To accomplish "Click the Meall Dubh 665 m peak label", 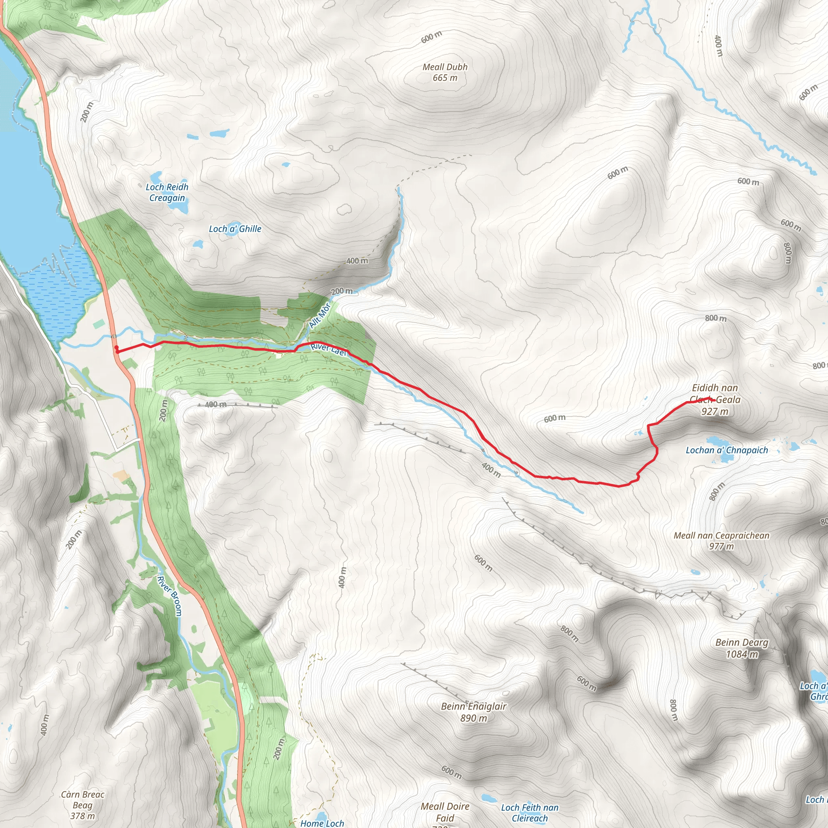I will [445, 72].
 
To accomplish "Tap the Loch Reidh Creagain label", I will [167, 192].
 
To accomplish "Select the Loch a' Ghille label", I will [235, 229].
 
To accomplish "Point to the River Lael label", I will [328, 349].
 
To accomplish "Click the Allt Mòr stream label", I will [320, 316].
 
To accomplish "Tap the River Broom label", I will [170, 596].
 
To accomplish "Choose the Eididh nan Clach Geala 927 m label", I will [715, 399].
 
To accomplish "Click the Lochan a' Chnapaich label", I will [727, 450].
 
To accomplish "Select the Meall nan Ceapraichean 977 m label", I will [721, 541].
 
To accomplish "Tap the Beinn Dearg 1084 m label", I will [742, 648].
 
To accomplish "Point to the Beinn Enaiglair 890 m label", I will [473, 712].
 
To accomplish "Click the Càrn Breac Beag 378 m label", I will [83, 805].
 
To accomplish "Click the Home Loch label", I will [322, 823].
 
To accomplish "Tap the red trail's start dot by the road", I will [116, 348].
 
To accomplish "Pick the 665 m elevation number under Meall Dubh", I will [445, 78].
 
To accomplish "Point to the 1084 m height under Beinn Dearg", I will [742, 654].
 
